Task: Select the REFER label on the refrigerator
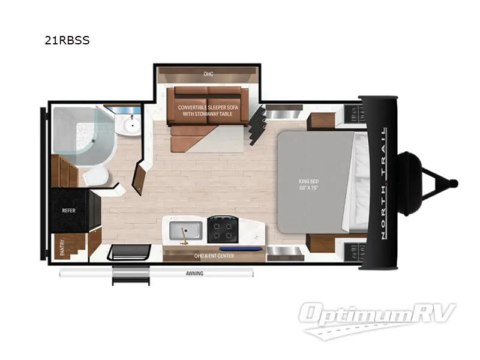pyautogui.click(x=68, y=211)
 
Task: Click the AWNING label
pyautogui.click(x=194, y=274)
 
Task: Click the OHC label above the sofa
pyautogui.click(x=208, y=74)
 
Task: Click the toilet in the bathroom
pyautogui.click(x=94, y=176)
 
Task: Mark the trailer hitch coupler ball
pyautogui.click(x=454, y=183)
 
